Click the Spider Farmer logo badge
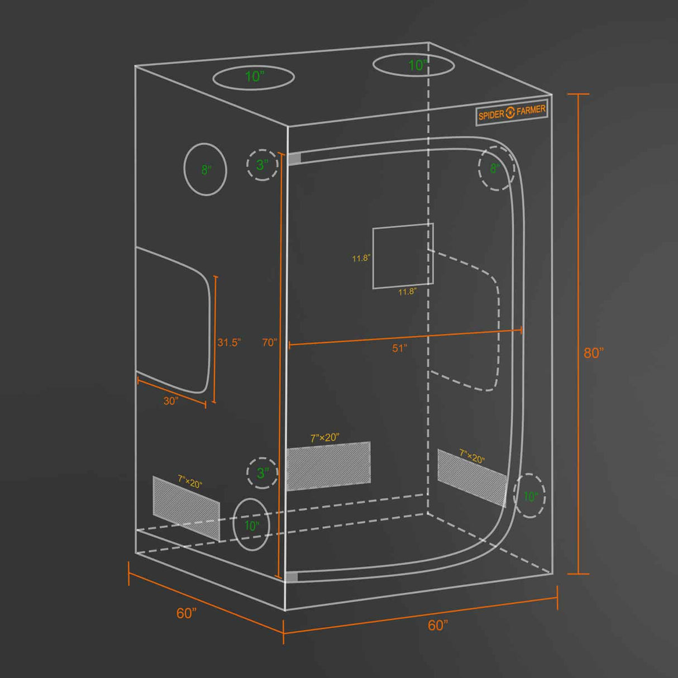[512, 113]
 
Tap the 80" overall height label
[594, 353]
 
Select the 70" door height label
[270, 342]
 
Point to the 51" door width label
[399, 348]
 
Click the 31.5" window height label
[229, 342]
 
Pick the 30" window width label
[171, 401]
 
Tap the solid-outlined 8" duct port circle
[206, 169]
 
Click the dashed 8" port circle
[496, 168]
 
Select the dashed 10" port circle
[529, 496]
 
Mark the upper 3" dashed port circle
[262, 165]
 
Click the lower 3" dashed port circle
[262, 473]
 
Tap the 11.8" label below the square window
[408, 292]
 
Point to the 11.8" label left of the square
[361, 258]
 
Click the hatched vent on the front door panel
[328, 466]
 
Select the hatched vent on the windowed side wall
[186, 508]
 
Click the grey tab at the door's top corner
[294, 158]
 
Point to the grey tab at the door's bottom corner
[292, 577]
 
